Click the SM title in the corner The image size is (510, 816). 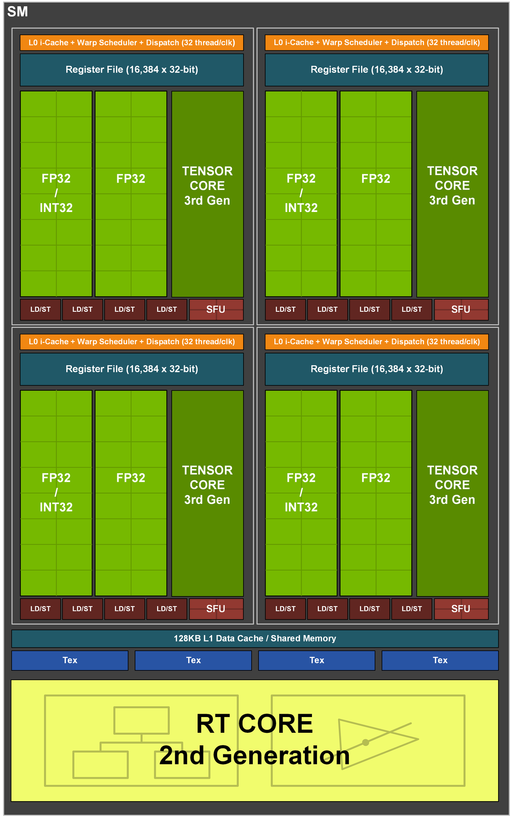17,12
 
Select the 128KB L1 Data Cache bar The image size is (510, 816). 255,638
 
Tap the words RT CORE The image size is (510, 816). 254,724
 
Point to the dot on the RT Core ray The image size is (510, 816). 365,742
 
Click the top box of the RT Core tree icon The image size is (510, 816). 142,720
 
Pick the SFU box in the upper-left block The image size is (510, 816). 216,309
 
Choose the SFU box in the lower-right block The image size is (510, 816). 461,609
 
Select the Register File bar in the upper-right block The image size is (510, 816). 377,70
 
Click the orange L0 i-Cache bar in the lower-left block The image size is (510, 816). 132,342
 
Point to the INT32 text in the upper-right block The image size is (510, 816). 301,208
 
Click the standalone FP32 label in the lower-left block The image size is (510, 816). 131,478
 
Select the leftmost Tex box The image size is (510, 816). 70,660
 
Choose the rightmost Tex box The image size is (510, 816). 440,660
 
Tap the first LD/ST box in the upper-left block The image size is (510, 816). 40,309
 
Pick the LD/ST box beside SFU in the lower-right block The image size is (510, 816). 411,609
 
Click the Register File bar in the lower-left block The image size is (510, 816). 132,369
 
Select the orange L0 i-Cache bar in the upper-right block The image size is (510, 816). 377,42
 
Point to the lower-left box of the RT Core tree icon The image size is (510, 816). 100,764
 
